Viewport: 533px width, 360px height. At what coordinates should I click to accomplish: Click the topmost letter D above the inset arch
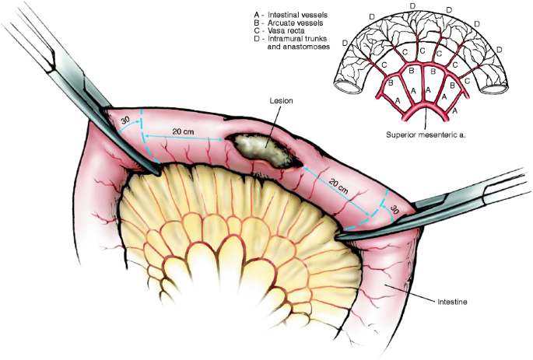tap(412, 6)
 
